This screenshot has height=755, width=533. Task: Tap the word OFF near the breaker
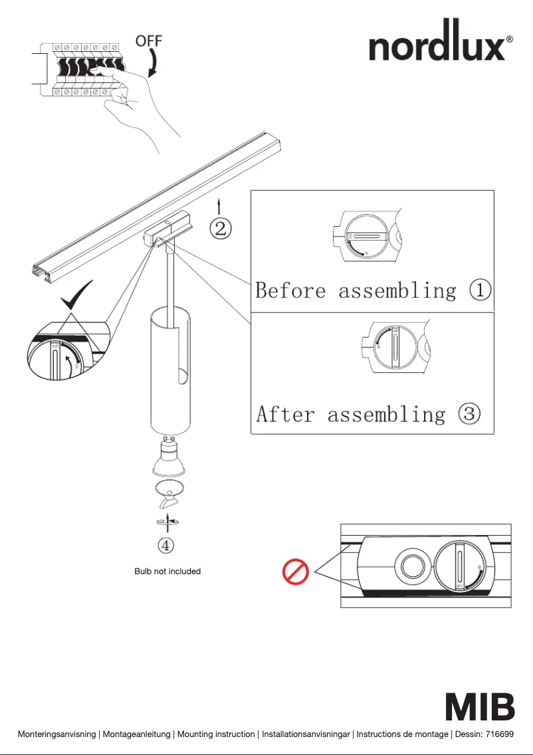(x=149, y=41)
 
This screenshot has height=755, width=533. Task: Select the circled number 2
(x=221, y=229)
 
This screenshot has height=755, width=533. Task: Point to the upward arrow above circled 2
(x=219, y=205)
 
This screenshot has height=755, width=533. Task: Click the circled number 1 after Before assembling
(x=480, y=290)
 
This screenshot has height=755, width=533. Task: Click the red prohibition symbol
(x=295, y=572)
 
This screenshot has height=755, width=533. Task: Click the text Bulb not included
(x=167, y=571)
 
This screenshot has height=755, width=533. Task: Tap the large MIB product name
(x=479, y=707)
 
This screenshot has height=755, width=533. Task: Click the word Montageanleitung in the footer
(x=137, y=734)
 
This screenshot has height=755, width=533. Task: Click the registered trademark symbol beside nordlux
(x=510, y=39)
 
